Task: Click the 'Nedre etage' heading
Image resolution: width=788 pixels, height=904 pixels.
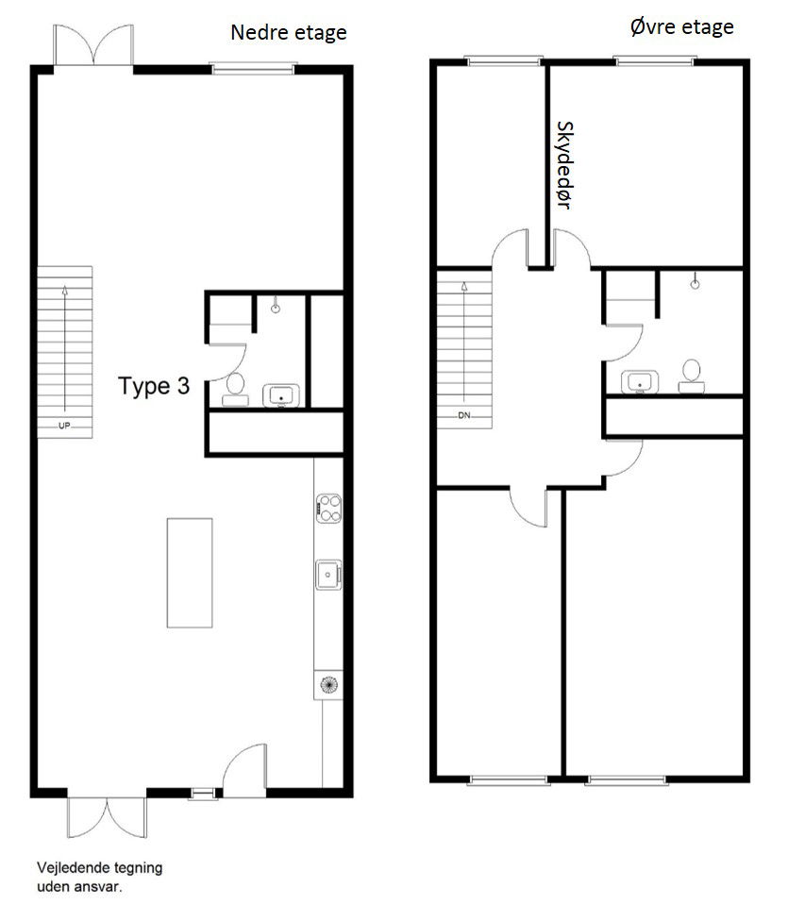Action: click(x=289, y=33)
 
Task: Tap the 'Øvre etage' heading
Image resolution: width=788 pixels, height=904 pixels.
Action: click(x=681, y=26)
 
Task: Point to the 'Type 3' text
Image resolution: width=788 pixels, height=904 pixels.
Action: click(x=155, y=385)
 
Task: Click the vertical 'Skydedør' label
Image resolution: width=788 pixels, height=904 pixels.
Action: click(x=565, y=164)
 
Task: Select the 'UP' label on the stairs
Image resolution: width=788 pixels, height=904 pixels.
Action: click(x=64, y=426)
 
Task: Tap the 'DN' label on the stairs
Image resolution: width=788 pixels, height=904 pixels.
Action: click(x=463, y=415)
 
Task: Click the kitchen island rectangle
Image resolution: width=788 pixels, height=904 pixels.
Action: click(x=190, y=572)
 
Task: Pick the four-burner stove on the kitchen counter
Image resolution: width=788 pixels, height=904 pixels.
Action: click(x=328, y=508)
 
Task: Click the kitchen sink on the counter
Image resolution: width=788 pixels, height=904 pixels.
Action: click(x=327, y=572)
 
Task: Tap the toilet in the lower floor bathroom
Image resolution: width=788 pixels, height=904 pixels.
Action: click(x=234, y=388)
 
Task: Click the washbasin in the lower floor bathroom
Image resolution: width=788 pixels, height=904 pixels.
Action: click(x=279, y=394)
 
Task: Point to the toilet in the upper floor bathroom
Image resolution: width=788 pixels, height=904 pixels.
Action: click(x=692, y=374)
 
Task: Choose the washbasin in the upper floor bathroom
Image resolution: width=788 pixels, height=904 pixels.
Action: click(x=640, y=382)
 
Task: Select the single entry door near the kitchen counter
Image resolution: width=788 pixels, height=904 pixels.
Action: click(x=243, y=766)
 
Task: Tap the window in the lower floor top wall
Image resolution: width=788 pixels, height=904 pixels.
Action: click(x=253, y=67)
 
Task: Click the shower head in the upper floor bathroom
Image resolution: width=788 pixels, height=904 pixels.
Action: click(x=695, y=281)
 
